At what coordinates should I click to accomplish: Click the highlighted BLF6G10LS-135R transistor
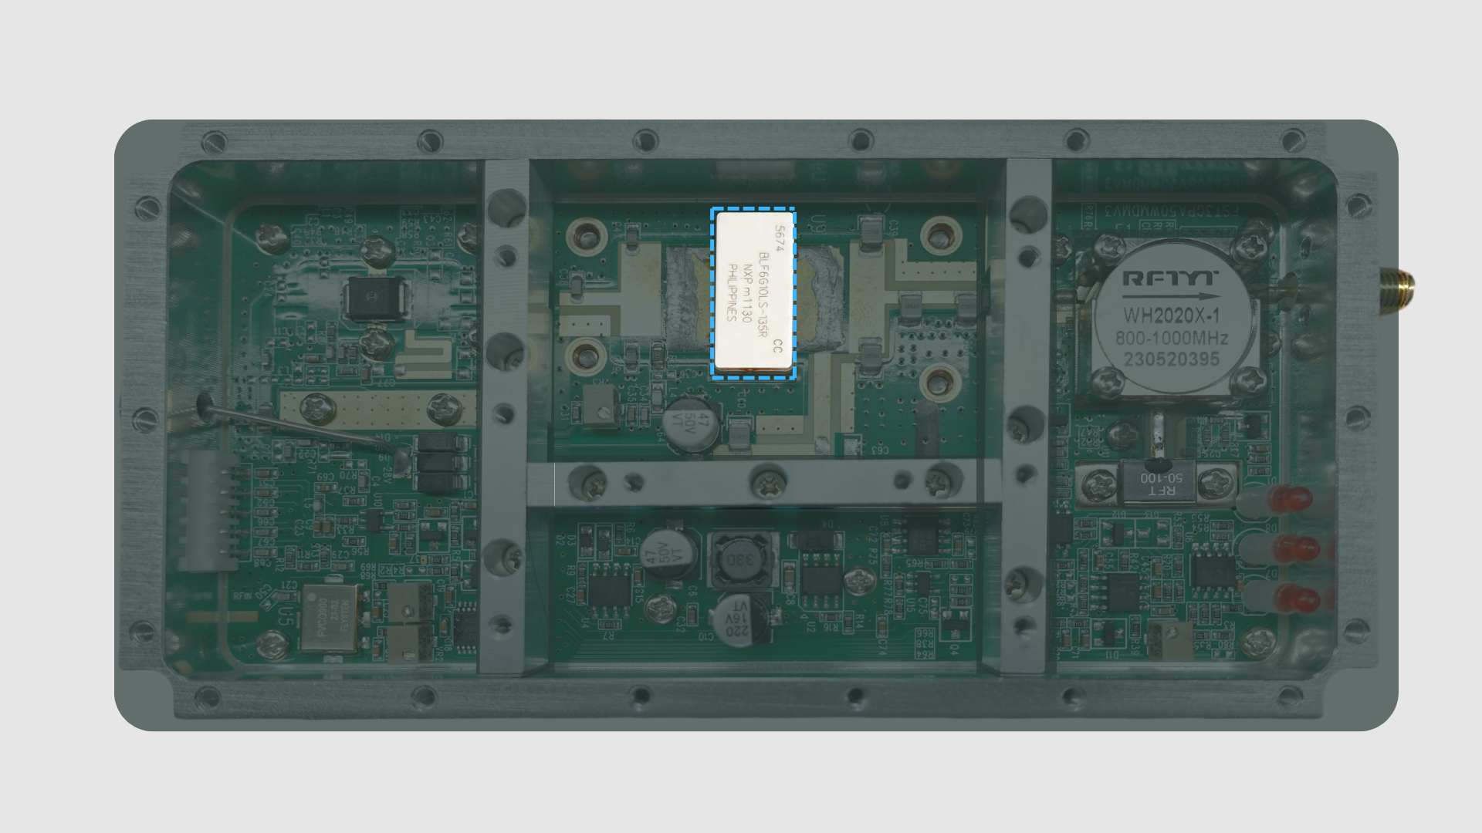[753, 293]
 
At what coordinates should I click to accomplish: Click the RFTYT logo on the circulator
[1169, 278]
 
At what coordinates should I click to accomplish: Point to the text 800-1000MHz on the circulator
[1171, 338]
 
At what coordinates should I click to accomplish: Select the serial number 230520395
[1171, 359]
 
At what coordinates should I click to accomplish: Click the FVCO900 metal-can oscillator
[330, 617]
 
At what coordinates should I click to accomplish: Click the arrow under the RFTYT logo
[1169, 296]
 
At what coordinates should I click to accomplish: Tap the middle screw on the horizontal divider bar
[768, 483]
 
